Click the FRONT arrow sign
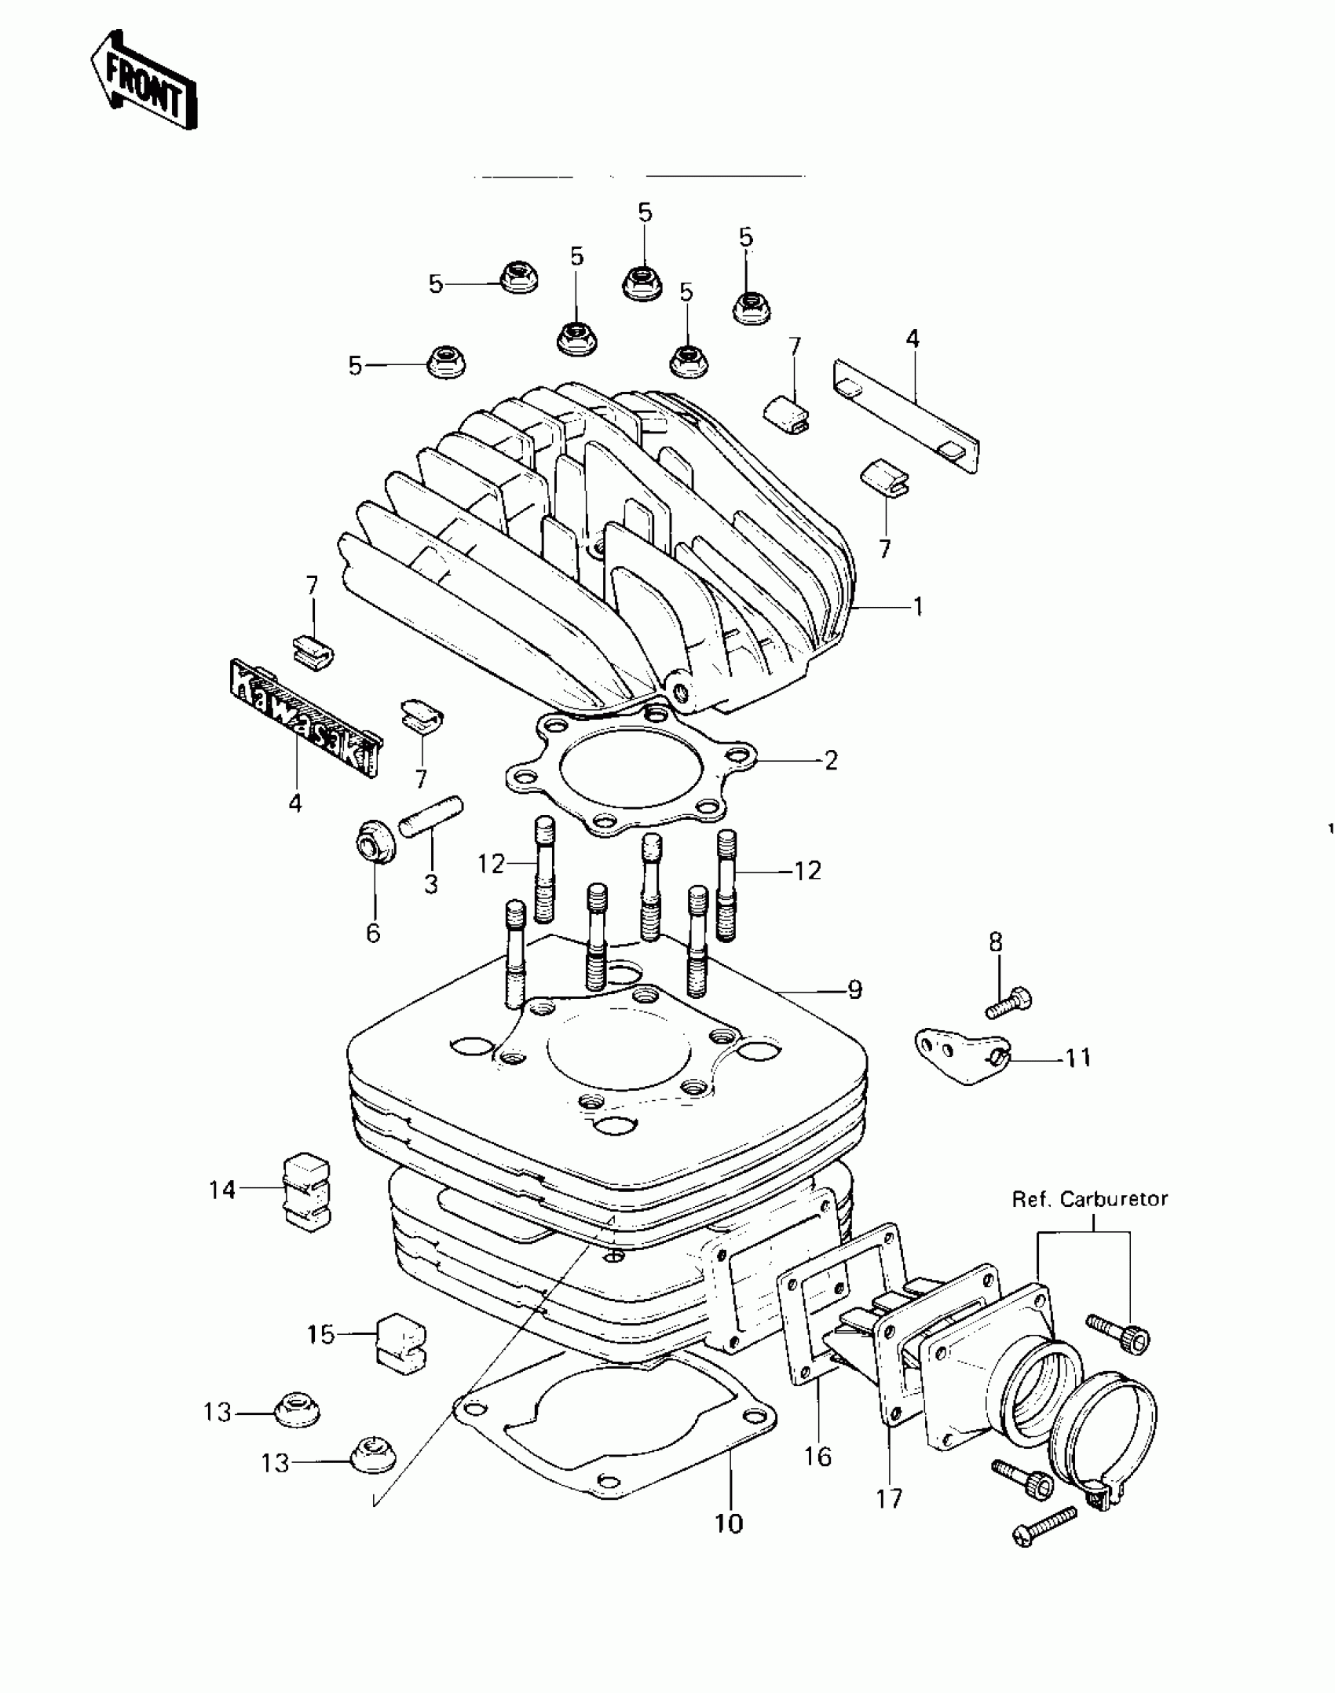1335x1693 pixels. (x=144, y=79)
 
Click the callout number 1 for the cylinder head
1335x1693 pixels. (x=917, y=607)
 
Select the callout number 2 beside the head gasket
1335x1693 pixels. (x=831, y=760)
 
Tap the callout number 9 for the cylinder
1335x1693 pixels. (x=854, y=990)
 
